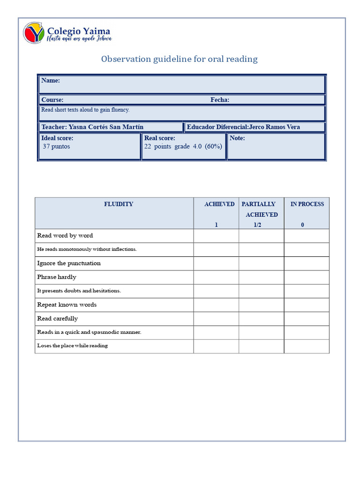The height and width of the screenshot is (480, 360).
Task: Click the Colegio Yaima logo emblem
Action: [34, 33]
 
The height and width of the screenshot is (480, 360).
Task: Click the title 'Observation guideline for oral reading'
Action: [180, 59]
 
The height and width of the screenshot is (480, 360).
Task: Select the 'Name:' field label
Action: [51, 81]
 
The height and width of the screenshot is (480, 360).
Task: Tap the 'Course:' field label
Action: [52, 100]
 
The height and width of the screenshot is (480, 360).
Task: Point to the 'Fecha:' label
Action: [220, 100]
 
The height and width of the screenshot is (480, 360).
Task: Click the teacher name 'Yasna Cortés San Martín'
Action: [106, 127]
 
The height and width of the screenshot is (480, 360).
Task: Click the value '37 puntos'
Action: [56, 146]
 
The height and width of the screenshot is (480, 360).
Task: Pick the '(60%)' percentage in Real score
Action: [213, 146]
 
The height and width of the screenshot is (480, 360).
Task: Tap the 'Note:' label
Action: [237, 138]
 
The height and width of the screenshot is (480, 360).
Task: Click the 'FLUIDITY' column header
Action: [119, 204]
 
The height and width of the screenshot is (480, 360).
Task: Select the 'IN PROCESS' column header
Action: [307, 204]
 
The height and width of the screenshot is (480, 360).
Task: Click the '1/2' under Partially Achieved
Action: [257, 225]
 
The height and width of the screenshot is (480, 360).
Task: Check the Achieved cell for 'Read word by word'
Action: [216, 236]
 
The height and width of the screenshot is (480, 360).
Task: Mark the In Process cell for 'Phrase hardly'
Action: [307, 277]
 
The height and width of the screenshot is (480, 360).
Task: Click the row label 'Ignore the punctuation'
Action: [69, 263]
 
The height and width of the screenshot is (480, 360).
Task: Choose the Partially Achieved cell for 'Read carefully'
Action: [261, 319]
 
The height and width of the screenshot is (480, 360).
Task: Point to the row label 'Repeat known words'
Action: [67, 305]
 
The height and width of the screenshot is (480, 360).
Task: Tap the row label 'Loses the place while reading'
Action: [73, 346]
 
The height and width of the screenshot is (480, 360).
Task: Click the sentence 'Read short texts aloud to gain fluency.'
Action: [85, 110]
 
